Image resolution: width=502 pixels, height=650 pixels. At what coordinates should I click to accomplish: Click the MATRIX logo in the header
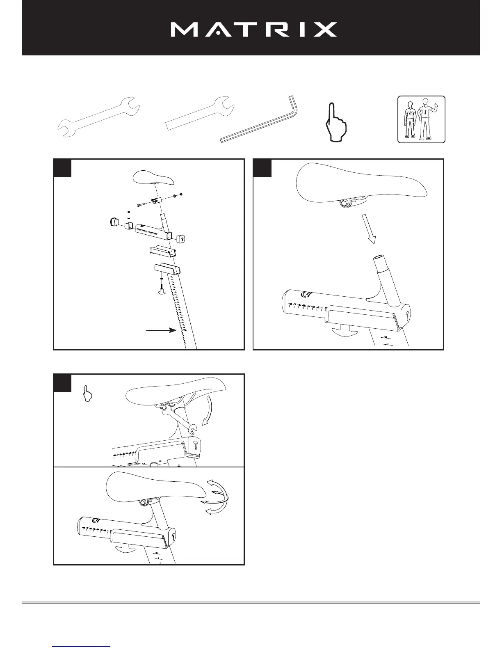coord(253,30)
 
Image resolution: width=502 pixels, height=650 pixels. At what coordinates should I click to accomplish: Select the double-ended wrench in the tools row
coord(98,117)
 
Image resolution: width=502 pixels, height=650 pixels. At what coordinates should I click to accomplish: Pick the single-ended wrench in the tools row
coord(201,112)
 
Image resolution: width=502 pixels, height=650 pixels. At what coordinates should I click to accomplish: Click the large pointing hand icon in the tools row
coord(335,122)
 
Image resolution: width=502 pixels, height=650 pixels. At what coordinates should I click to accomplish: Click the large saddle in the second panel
coord(361,183)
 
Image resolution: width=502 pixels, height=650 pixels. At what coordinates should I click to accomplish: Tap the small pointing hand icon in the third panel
coord(88,394)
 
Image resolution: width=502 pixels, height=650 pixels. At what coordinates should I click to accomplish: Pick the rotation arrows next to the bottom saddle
coord(215,497)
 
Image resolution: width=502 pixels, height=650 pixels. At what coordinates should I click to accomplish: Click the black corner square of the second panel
coord(262,168)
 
